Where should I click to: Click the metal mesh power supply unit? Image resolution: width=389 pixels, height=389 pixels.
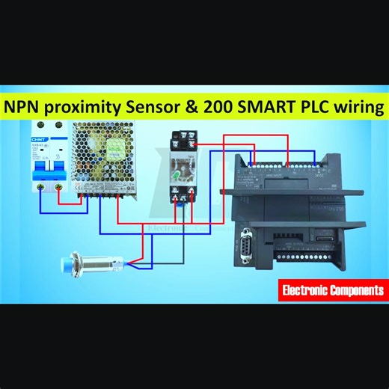coord(105,161)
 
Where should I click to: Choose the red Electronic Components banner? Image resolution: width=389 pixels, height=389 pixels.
coord(333,289)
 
